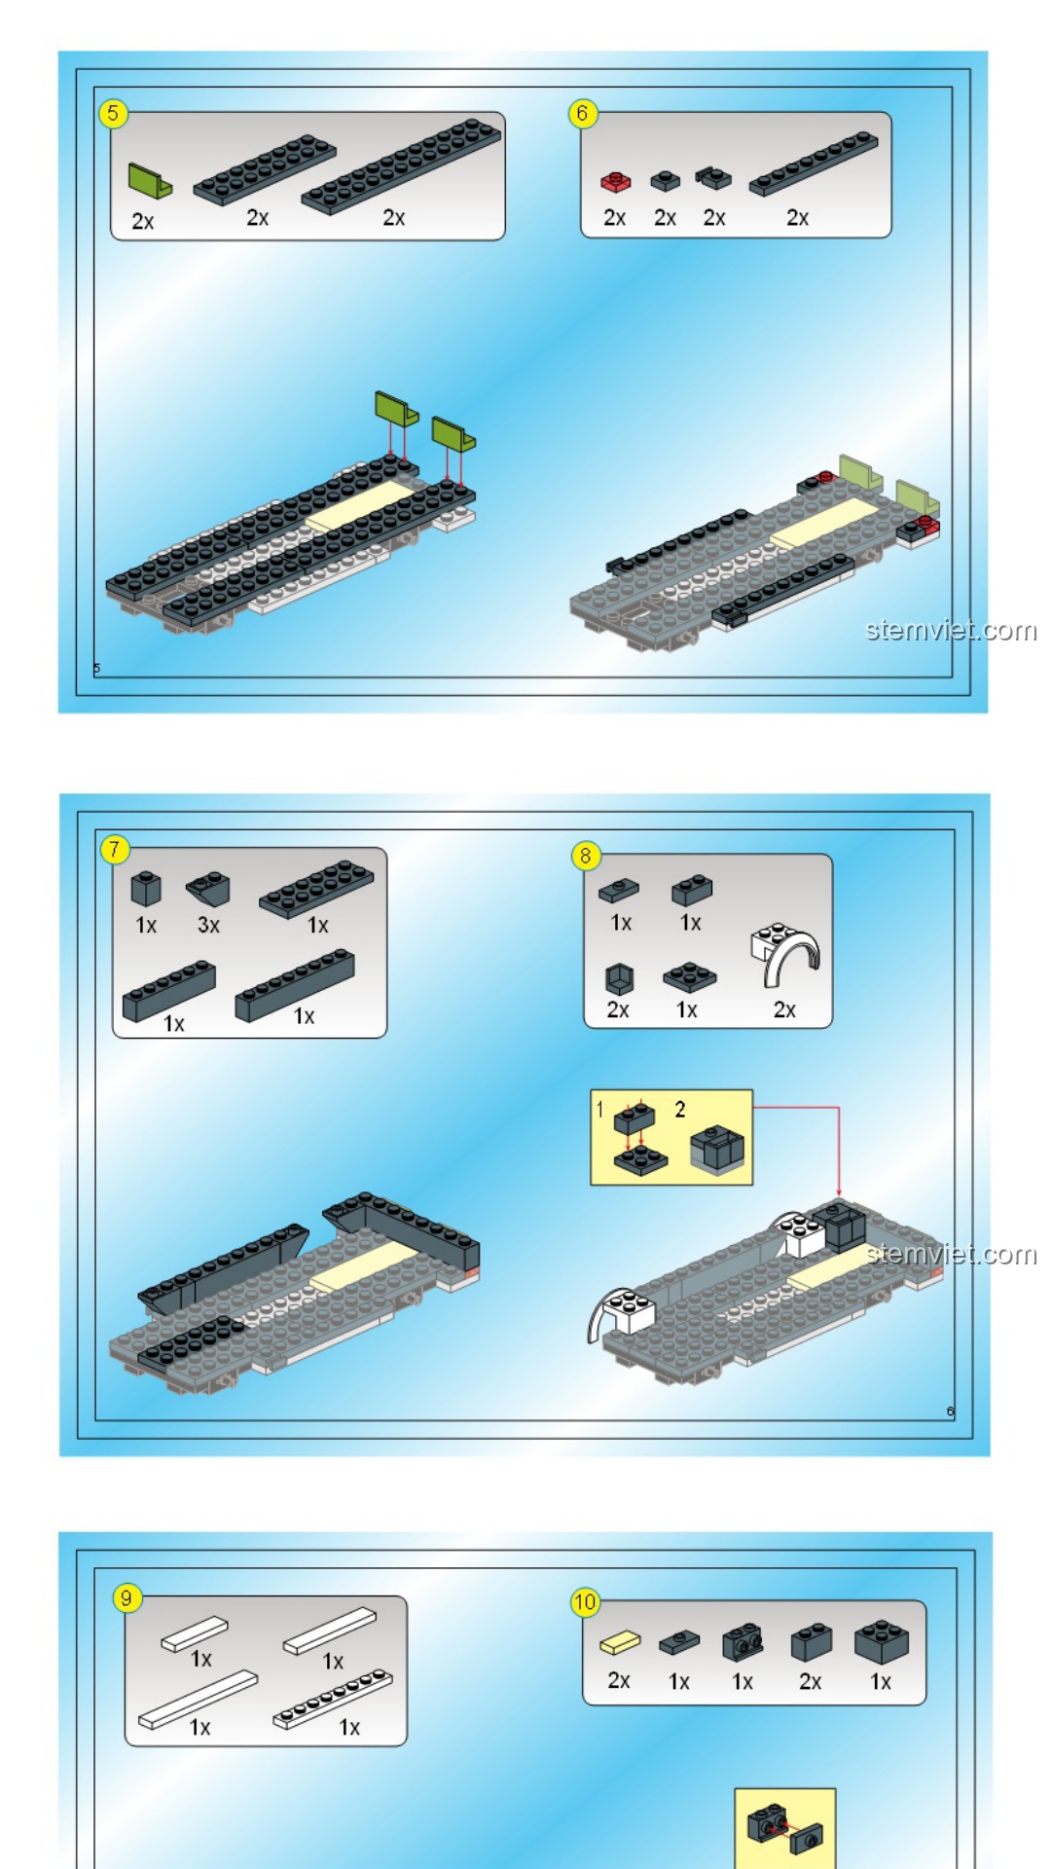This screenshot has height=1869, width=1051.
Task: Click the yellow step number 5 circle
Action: [113, 113]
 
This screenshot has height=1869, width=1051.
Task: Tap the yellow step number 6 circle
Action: [582, 113]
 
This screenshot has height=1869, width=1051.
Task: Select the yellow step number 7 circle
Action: [115, 849]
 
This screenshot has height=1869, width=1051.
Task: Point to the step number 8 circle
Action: [585, 856]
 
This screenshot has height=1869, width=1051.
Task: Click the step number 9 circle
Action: [127, 1597]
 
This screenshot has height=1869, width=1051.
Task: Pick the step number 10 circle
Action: [585, 1601]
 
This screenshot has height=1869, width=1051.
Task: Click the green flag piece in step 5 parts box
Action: [150, 181]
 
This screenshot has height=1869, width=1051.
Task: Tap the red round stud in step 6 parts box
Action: [615, 182]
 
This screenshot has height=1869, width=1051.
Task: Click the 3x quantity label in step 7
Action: [208, 925]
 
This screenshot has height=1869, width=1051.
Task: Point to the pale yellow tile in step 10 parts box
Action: [620, 1642]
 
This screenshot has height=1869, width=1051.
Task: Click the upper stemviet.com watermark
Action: [951, 631]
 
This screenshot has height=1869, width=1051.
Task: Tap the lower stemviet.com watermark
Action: [951, 1254]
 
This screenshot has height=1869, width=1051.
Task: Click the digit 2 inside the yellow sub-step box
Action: [680, 1110]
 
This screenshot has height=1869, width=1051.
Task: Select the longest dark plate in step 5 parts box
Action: [401, 165]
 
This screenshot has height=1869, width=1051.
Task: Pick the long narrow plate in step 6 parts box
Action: [814, 164]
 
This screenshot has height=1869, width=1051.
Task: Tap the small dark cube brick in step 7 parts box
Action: [146, 888]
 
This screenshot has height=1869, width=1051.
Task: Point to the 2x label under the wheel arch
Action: [784, 1009]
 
